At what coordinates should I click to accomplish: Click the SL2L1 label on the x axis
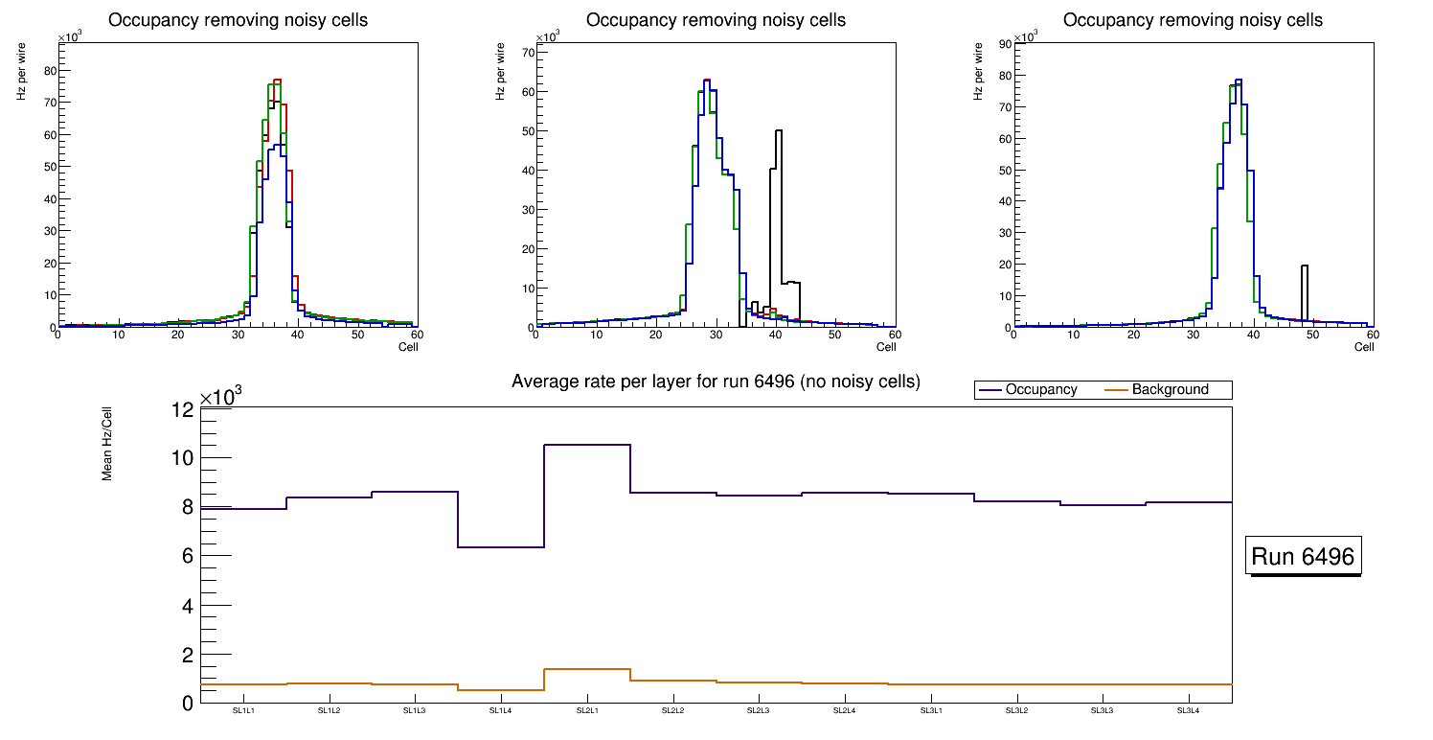point(587,711)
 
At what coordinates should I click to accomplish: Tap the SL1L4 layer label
point(501,711)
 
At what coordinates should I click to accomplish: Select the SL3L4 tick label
point(1188,711)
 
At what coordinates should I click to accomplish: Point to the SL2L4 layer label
point(844,711)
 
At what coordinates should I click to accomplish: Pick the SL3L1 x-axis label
point(930,711)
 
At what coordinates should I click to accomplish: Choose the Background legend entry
point(1170,390)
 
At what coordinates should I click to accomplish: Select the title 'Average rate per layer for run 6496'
point(716,382)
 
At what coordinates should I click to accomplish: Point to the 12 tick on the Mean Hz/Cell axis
point(182,411)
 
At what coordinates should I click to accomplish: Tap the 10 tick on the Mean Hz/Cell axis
point(182,458)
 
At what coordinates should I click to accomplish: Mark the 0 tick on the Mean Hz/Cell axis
point(186,704)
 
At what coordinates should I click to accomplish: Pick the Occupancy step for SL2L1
point(587,445)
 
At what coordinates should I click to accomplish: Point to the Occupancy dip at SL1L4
point(501,547)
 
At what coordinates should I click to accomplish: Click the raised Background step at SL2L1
point(587,669)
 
